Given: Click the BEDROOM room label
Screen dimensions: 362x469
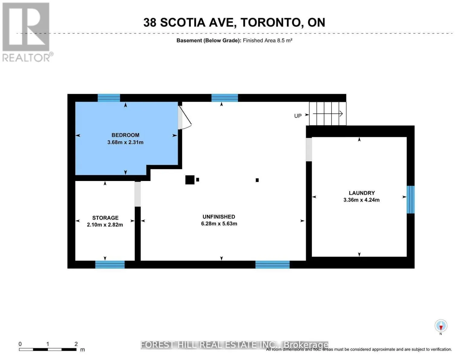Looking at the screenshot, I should [x=125, y=135].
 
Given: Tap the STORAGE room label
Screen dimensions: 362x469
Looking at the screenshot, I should [x=105, y=218].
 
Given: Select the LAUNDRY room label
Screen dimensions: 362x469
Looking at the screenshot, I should [x=361, y=193].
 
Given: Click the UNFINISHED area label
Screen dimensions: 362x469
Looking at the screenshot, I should [x=219, y=217].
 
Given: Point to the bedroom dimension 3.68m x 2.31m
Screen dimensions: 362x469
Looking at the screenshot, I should [x=125, y=142].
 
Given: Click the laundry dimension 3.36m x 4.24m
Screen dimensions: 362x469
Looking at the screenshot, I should [x=361, y=200].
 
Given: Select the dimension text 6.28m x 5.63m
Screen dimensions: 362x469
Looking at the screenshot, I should [x=219, y=224].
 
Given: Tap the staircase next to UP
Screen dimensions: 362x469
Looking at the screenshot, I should [x=328, y=114].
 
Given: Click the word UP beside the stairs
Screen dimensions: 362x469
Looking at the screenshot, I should [x=298, y=116].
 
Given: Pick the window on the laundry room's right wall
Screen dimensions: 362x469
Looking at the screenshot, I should [x=410, y=200].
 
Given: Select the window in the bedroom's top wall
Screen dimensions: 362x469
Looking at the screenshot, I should [x=109, y=98].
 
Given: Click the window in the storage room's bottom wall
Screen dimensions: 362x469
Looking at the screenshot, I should [x=110, y=265].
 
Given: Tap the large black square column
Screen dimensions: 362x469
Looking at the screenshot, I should [x=190, y=180].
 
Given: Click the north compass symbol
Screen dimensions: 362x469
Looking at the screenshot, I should [x=441, y=326].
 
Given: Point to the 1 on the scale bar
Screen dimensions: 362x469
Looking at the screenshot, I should [x=48, y=344].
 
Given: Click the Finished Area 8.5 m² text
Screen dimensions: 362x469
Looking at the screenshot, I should [x=267, y=40].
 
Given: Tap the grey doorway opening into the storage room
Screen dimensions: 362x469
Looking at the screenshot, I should [x=138, y=194].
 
